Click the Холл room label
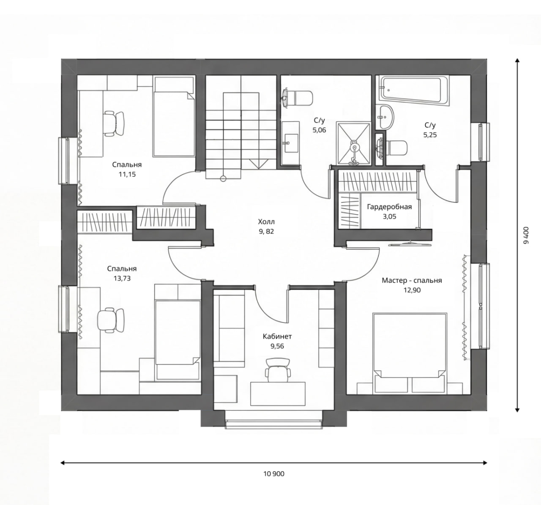click(266, 221)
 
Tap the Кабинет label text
click(277, 336)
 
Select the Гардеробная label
click(389, 207)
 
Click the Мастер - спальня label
click(412, 280)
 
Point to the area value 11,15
click(127, 174)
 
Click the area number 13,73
click(123, 278)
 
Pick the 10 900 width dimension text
click(274, 474)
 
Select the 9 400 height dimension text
click(526, 235)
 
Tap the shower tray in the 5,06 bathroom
click(354, 144)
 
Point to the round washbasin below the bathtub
click(385, 118)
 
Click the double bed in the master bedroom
click(410, 353)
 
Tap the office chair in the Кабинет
click(278, 370)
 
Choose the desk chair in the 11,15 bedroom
click(114, 124)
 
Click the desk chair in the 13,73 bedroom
click(111, 320)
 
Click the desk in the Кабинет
click(278, 394)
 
